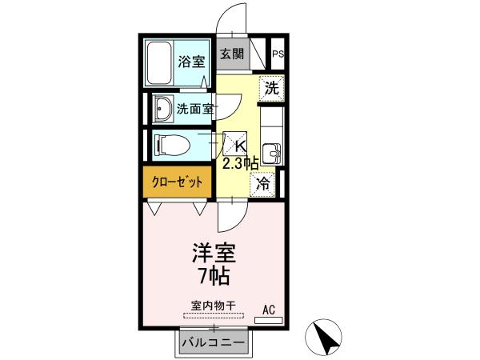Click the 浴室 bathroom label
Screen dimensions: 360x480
point(191,60)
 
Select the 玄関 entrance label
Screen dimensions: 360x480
point(232,54)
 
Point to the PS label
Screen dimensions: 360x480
point(278,54)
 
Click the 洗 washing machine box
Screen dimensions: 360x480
point(272,88)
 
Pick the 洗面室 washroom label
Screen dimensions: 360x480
point(194,109)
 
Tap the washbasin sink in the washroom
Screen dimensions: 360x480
point(163,108)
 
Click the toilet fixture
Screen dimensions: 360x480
point(171,146)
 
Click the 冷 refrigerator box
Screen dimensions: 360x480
point(263,182)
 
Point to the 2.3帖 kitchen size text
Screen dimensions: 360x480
point(239,162)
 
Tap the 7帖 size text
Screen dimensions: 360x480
point(212,277)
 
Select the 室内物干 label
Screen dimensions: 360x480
point(213,305)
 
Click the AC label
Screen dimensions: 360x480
point(268,307)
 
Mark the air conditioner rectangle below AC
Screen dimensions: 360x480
point(268,318)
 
